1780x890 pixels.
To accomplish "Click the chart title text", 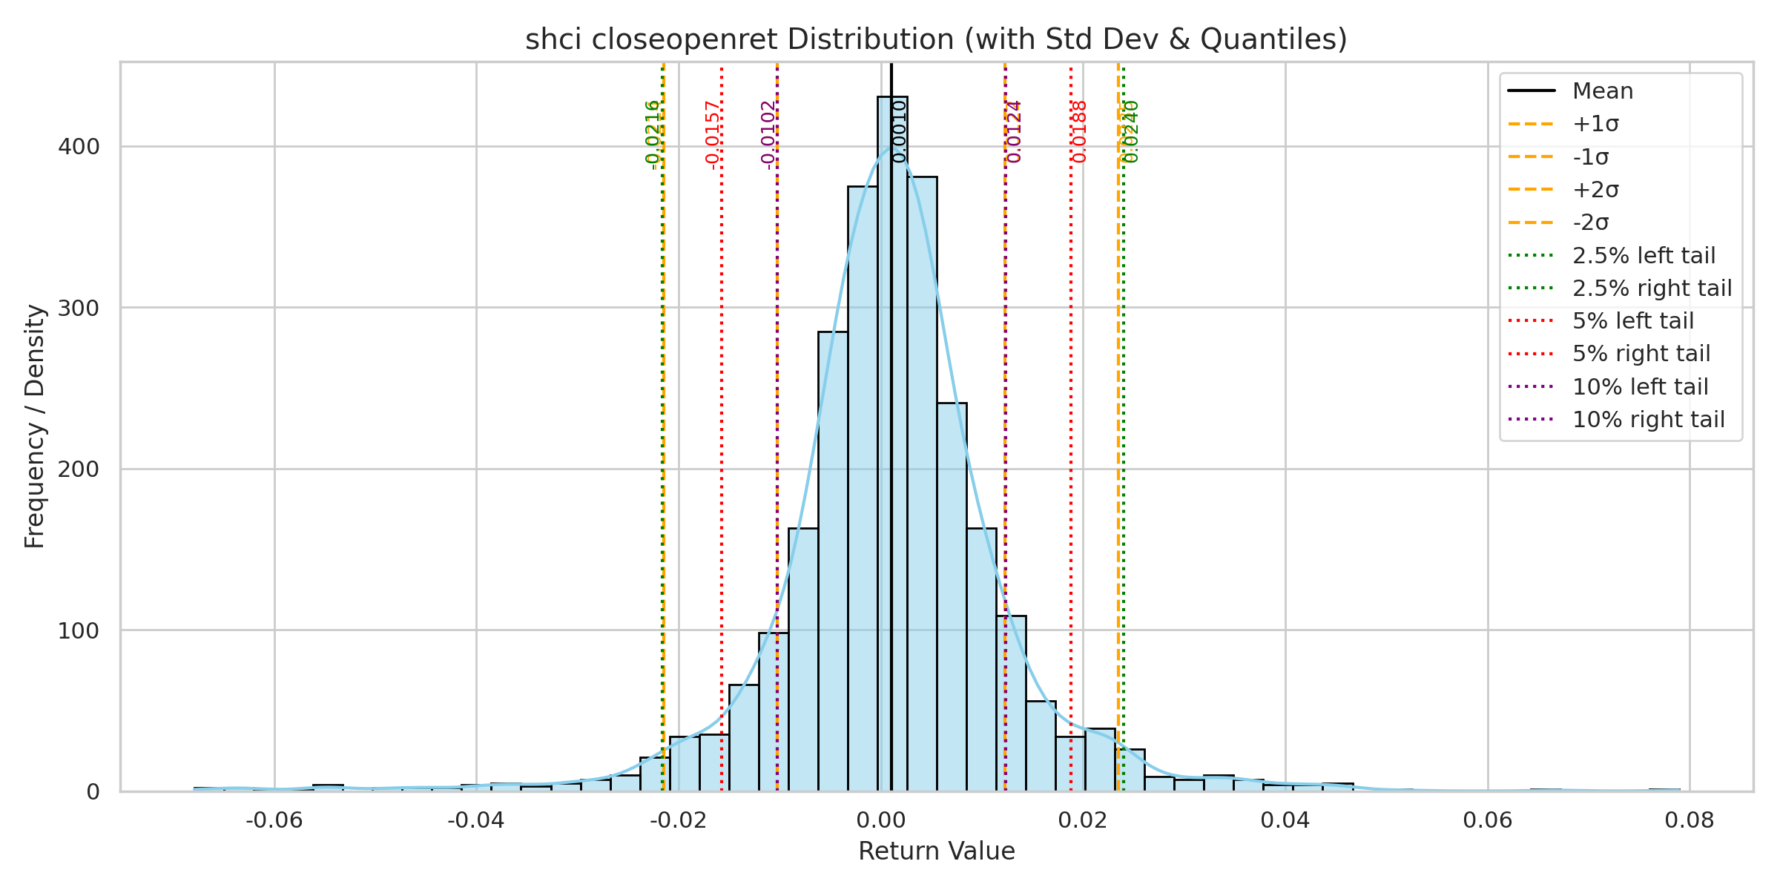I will [x=936, y=39].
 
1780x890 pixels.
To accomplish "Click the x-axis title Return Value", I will [x=936, y=851].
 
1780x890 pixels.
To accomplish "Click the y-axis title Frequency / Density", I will [x=35, y=426].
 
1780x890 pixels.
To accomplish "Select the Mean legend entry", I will [x=1602, y=91].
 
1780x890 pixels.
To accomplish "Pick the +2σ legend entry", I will [x=1595, y=190].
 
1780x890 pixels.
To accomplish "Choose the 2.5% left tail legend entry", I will [x=1644, y=256].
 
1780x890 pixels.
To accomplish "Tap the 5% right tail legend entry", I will [x=1641, y=354].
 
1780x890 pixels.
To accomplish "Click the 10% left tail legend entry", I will [x=1640, y=387].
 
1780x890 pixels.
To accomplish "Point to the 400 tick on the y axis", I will [x=79, y=147].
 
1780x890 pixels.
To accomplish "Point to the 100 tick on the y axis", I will [x=79, y=631].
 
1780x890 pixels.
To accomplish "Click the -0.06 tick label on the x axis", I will [x=274, y=820].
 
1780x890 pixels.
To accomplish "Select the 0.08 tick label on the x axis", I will [x=1690, y=820].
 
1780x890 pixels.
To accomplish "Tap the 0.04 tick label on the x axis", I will [x=1285, y=820].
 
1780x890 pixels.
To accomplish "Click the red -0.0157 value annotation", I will [x=713, y=135].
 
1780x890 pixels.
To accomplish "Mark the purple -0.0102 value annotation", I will [x=768, y=135].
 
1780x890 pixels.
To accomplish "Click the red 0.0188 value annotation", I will [x=1080, y=132].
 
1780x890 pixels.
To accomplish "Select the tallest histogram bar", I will [x=892, y=445].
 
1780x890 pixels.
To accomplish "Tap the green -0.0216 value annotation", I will [x=653, y=135].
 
